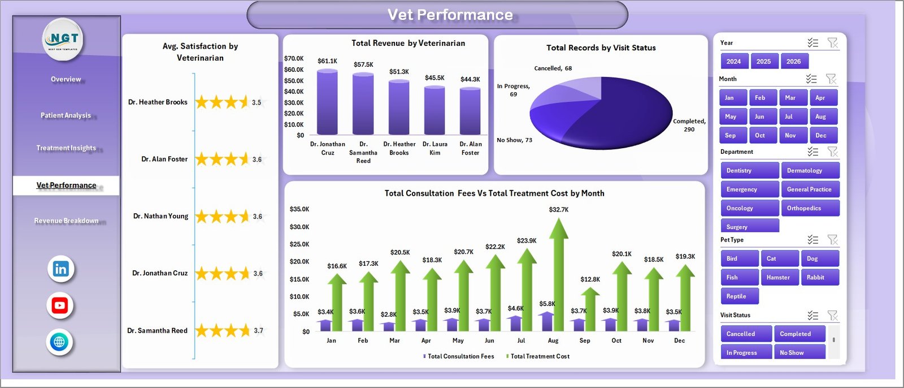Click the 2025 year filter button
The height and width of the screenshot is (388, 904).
763,62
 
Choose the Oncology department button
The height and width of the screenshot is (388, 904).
749,208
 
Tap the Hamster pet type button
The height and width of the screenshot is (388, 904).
779,277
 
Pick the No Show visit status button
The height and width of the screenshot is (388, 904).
799,352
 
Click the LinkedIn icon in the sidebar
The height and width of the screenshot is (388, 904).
60,269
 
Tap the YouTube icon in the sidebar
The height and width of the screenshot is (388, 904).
59,306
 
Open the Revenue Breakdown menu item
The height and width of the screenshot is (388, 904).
66,221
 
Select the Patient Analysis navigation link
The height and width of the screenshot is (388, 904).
66,115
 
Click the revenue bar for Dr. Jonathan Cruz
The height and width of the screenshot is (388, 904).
327,102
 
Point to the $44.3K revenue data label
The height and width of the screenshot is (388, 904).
470,79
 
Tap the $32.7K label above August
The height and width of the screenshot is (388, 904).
558,210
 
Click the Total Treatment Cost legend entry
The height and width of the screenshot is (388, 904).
539,356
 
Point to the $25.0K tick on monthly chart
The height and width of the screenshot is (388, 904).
299,244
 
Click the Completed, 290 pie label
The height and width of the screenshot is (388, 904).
689,125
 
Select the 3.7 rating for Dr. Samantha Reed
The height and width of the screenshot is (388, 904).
258,331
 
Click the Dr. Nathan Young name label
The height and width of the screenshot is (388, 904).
160,216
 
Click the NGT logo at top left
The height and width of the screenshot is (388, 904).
63,39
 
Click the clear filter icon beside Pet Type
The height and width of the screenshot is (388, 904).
832,240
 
